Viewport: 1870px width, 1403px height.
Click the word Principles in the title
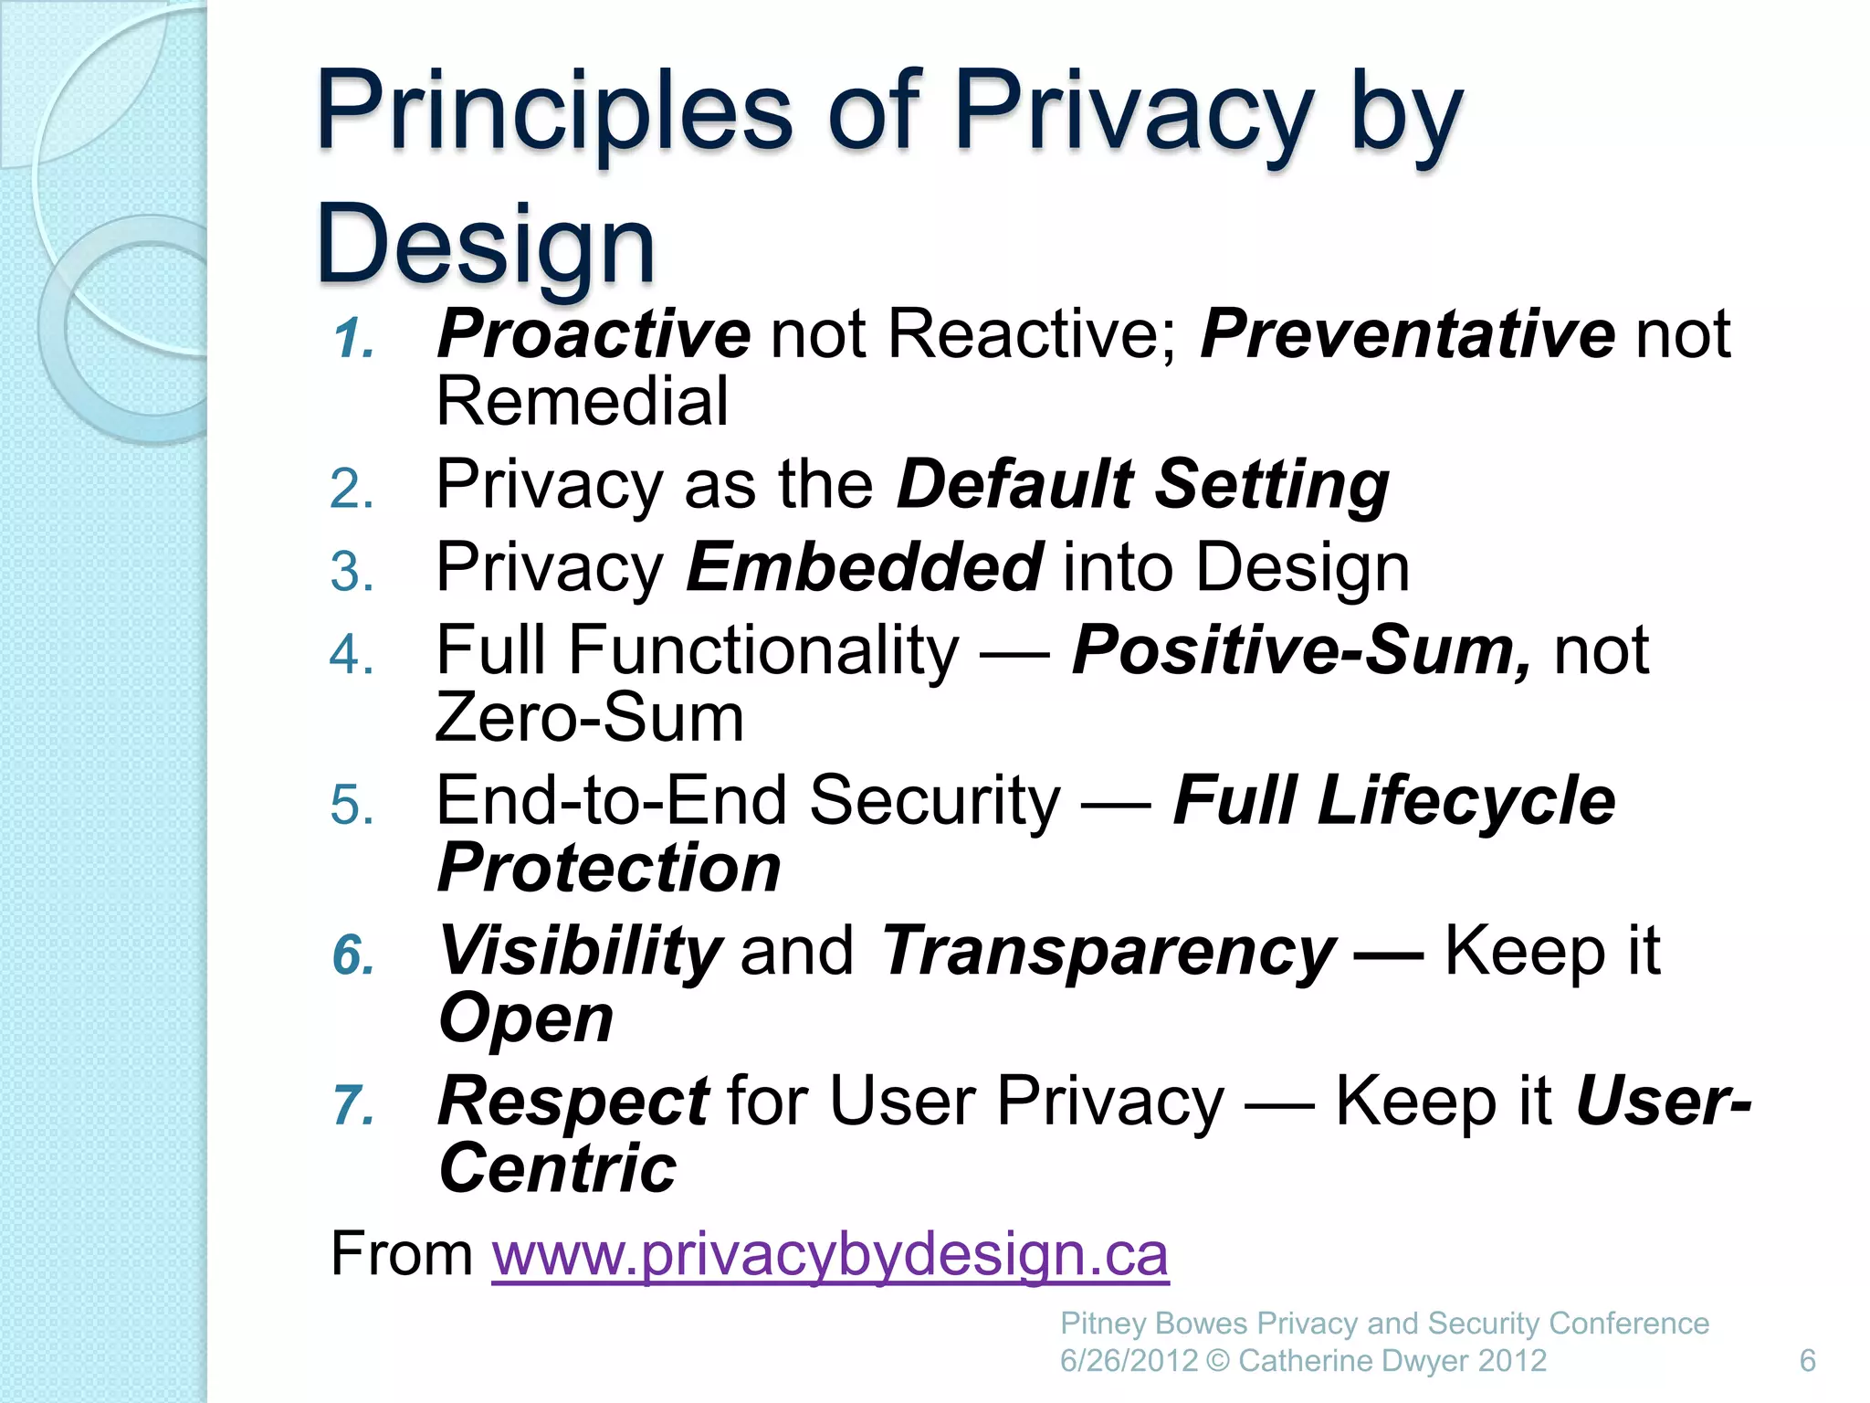(x=553, y=114)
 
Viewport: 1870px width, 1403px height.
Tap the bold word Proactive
(x=594, y=334)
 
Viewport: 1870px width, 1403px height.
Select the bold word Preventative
(x=1407, y=334)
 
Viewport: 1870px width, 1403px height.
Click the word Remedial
(x=582, y=402)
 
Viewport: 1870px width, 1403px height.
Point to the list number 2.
(x=352, y=489)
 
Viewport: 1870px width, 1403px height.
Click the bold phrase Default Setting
(x=1142, y=484)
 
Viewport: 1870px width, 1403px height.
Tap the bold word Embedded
(x=864, y=567)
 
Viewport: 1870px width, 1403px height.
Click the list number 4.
(x=352, y=655)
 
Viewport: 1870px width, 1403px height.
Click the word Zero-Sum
(x=589, y=718)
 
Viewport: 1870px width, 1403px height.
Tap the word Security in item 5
(x=934, y=800)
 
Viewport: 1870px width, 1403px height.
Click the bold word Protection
(x=609, y=868)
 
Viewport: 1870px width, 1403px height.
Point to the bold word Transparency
(x=1108, y=952)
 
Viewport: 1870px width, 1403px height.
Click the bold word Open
(x=525, y=1018)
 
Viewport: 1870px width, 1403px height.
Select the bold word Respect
(x=573, y=1101)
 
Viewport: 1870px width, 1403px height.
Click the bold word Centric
(x=557, y=1169)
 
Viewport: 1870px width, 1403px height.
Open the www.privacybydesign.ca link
(x=829, y=1255)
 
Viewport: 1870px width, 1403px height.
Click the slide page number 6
(x=1807, y=1361)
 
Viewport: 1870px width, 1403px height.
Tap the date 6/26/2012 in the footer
(x=1128, y=1361)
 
